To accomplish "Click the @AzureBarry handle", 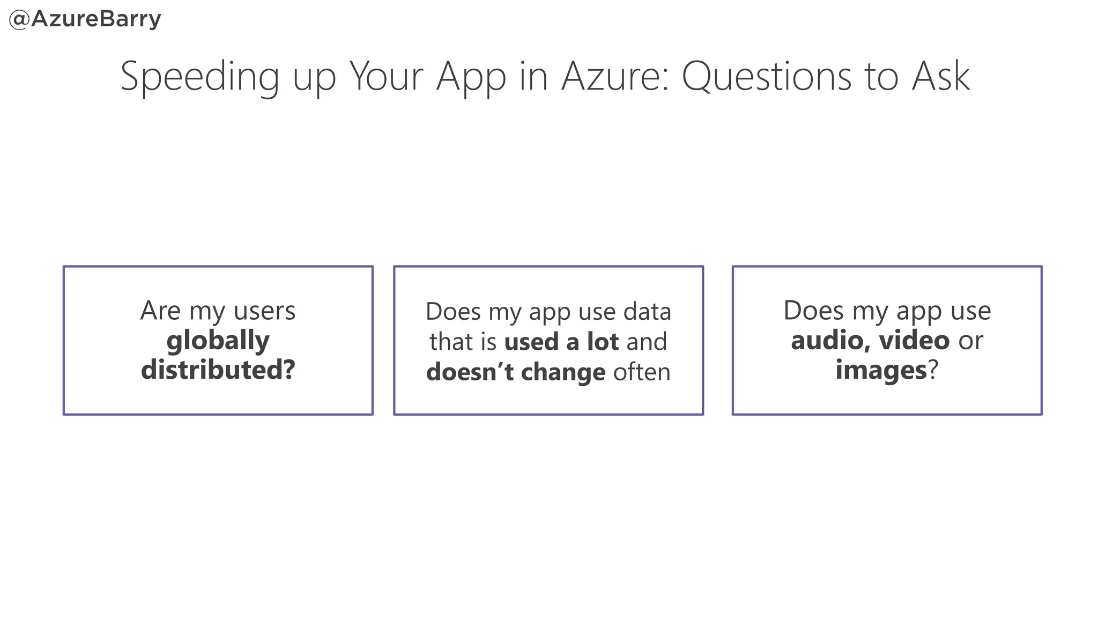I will pyautogui.click(x=85, y=19).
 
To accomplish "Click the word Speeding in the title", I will pyautogui.click(x=199, y=77).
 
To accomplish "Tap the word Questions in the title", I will pyautogui.click(x=767, y=77).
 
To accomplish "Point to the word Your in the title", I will pyautogui.click(x=387, y=77).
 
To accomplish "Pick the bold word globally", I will pyautogui.click(x=218, y=341).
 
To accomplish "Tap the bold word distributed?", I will pyautogui.click(x=218, y=370).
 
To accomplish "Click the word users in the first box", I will pyautogui.click(x=264, y=311).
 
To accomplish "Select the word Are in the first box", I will pyautogui.click(x=160, y=311).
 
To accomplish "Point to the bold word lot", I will pyautogui.click(x=603, y=342).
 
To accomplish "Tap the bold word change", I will pyautogui.click(x=563, y=372).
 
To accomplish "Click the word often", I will pyautogui.click(x=642, y=372).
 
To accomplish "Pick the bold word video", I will pyautogui.click(x=915, y=341).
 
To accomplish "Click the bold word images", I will pyautogui.click(x=881, y=370).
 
